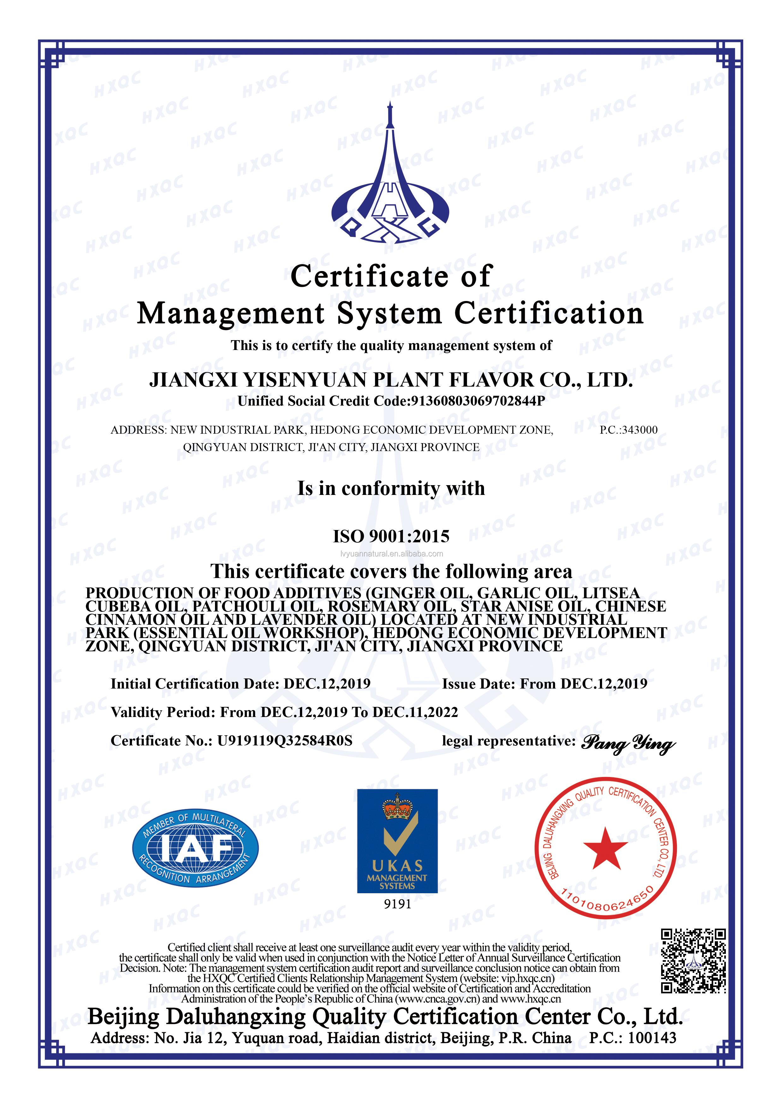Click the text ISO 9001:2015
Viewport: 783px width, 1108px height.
(391, 536)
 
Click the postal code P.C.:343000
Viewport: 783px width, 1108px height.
(628, 430)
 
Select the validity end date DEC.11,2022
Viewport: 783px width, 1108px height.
(415, 712)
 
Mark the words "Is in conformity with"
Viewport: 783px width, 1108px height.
(391, 488)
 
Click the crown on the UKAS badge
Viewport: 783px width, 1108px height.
(397, 806)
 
